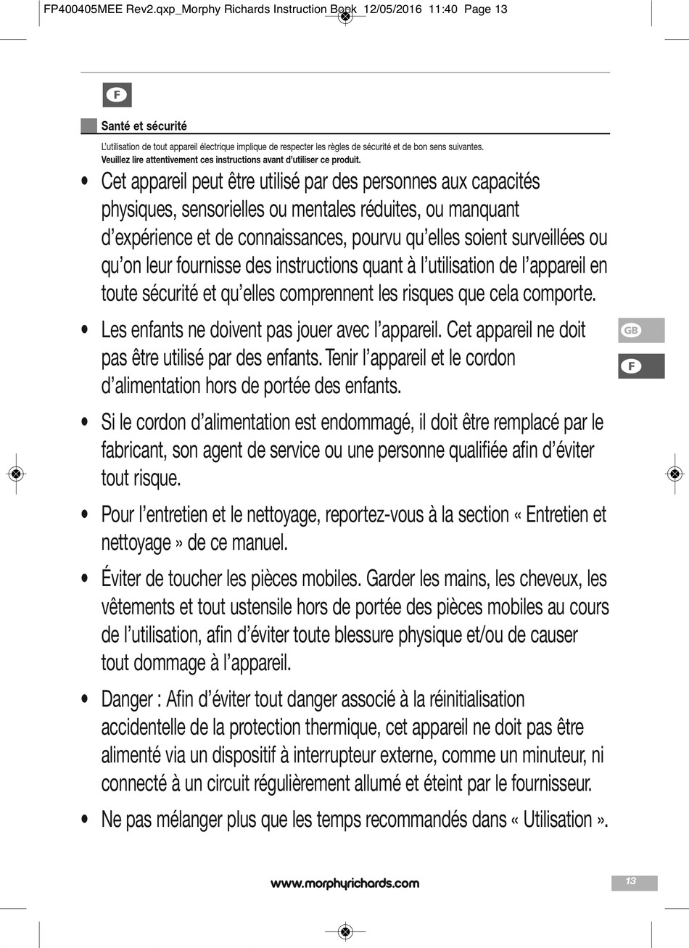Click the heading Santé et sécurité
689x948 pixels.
pos(144,126)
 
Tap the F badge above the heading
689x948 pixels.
pos(117,95)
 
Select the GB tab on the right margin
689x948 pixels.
pos(641,331)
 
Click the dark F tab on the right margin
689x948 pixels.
pos(641,366)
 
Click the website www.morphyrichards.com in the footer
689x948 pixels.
pos(344,883)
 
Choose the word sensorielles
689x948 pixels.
pos(223,210)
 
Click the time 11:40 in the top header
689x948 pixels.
pos(442,9)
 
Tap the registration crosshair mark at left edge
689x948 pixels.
pos(15,474)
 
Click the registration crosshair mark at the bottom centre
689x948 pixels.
pos(345,931)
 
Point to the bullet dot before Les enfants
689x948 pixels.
pos(86,330)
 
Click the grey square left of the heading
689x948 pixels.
pos(88,126)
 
